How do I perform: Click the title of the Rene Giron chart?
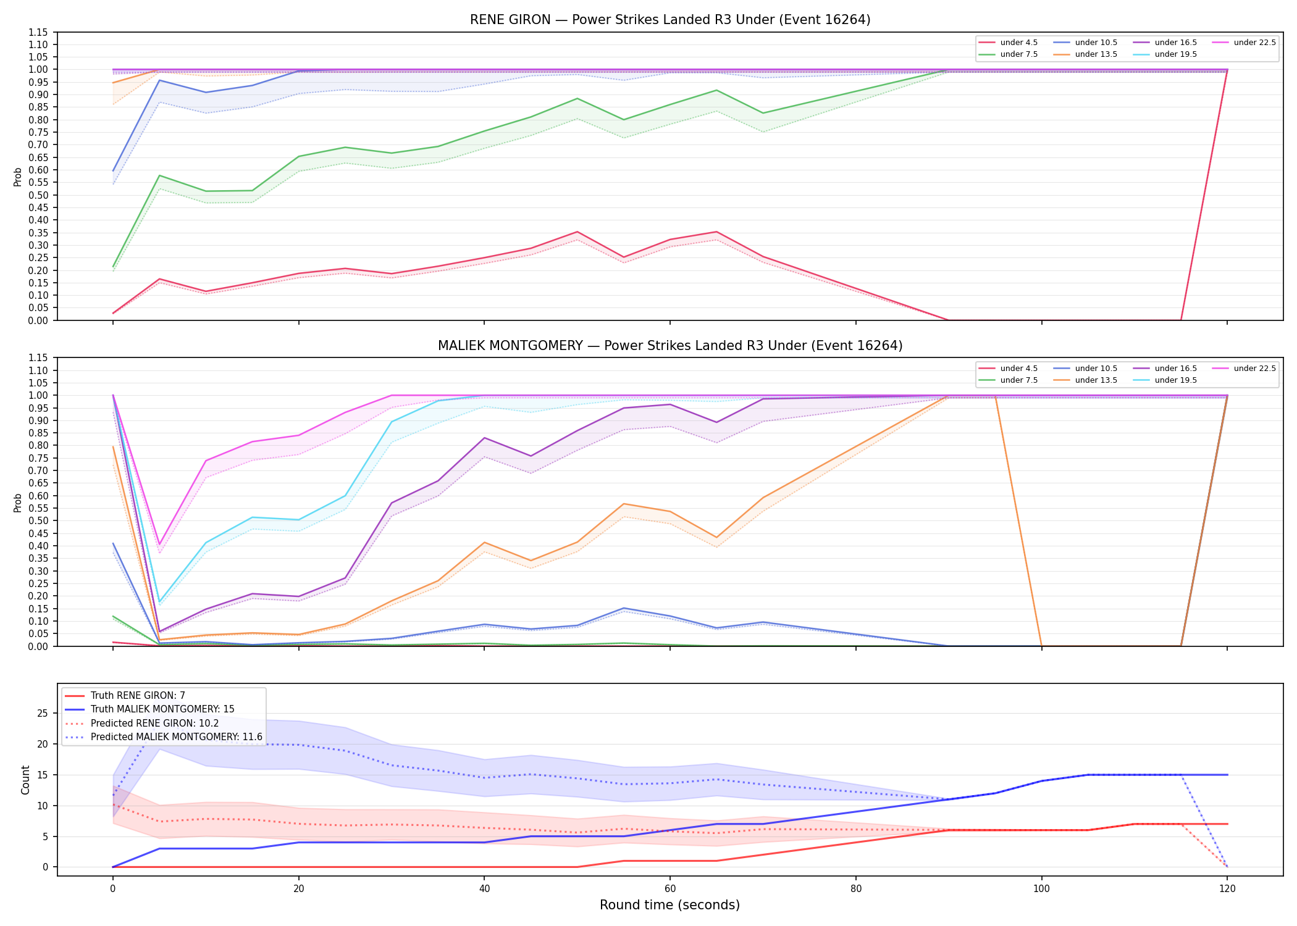pyautogui.click(x=670, y=20)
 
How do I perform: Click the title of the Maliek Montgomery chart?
pyautogui.click(x=670, y=346)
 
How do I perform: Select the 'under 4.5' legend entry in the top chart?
pyautogui.click(x=1009, y=43)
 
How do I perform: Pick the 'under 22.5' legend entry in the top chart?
pyautogui.click(x=1244, y=43)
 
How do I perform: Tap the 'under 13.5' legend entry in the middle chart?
pyautogui.click(x=1085, y=380)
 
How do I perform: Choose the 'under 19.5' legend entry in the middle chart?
pyautogui.click(x=1165, y=380)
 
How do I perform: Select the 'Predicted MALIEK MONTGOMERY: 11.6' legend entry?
pyautogui.click(x=164, y=737)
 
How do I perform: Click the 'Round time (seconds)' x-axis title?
pyautogui.click(x=669, y=905)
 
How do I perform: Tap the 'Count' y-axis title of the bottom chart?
pyautogui.click(x=25, y=780)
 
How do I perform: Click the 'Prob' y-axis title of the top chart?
pyautogui.click(x=18, y=177)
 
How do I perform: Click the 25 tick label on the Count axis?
pyautogui.click(x=43, y=713)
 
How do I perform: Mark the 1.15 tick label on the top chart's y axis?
pyautogui.click(x=38, y=32)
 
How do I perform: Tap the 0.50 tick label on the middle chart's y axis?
pyautogui.click(x=38, y=520)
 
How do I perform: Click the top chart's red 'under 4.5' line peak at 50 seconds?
pyautogui.click(x=577, y=232)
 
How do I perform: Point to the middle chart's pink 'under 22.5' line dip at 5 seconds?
pyautogui.click(x=159, y=544)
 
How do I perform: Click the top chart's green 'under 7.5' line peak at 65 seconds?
pyautogui.click(x=716, y=91)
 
